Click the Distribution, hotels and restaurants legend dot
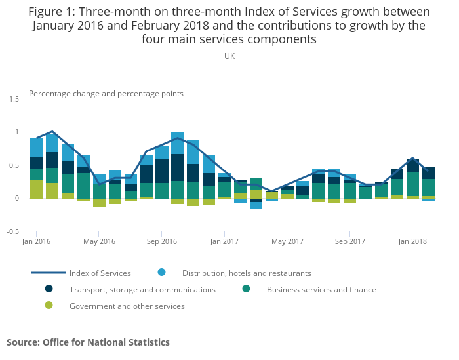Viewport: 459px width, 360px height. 161,272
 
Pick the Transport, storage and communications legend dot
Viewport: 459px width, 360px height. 49,289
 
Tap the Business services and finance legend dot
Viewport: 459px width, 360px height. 246,289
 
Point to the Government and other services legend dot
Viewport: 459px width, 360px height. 49,305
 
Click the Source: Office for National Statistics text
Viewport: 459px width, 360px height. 88,342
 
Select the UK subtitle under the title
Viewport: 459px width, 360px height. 229,56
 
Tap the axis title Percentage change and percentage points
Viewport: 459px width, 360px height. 106,94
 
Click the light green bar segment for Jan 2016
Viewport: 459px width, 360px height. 36,189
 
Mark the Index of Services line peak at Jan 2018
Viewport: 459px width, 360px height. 412,158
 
